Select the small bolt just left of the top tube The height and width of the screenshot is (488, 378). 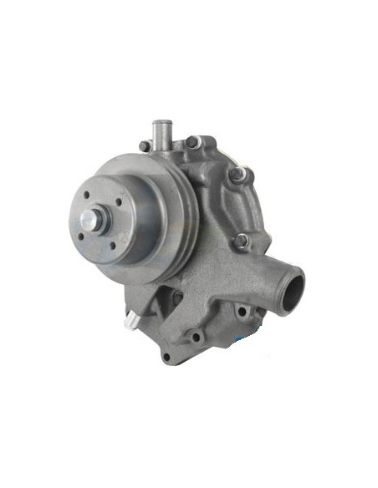point(145,146)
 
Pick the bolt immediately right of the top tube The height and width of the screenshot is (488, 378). point(193,141)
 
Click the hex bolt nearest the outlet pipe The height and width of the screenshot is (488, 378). point(241,240)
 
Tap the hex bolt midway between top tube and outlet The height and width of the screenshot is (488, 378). point(239,175)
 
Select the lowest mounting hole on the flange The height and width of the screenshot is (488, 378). point(166,358)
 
